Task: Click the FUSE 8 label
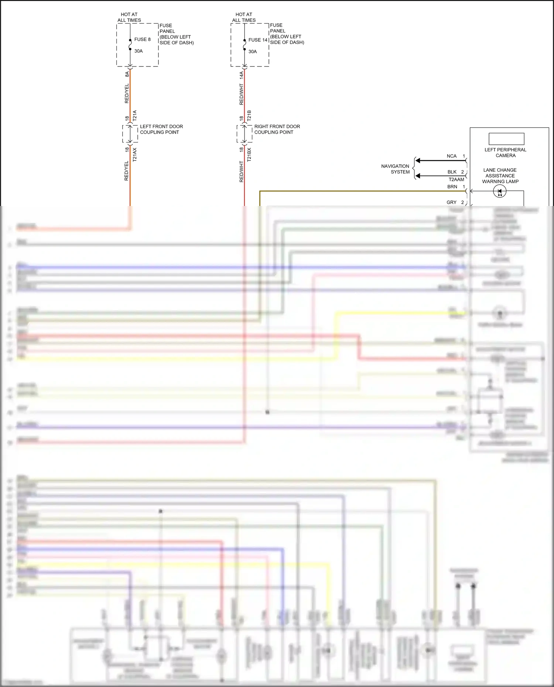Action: [x=142, y=39]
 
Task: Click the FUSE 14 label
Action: [x=258, y=40]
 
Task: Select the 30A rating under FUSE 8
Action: [x=138, y=51]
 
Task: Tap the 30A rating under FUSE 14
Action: [x=253, y=52]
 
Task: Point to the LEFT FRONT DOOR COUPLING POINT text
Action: [x=161, y=129]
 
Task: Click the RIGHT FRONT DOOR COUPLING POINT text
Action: [x=277, y=129]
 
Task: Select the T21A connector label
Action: [x=135, y=116]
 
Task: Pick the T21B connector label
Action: [x=249, y=116]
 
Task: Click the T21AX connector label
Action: [x=135, y=155]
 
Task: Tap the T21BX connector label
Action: [x=249, y=155]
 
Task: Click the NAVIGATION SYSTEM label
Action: [x=396, y=169]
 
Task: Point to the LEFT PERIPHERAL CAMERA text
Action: [x=505, y=152]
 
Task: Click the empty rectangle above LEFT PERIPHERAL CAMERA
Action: [x=506, y=139]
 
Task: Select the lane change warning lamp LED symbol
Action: [x=500, y=191]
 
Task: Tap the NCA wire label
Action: [x=451, y=156]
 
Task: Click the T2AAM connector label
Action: [x=456, y=179]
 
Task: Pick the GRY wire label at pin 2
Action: [x=451, y=202]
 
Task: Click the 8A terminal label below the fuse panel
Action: [x=127, y=74]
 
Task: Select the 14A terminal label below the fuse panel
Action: [x=242, y=75]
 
